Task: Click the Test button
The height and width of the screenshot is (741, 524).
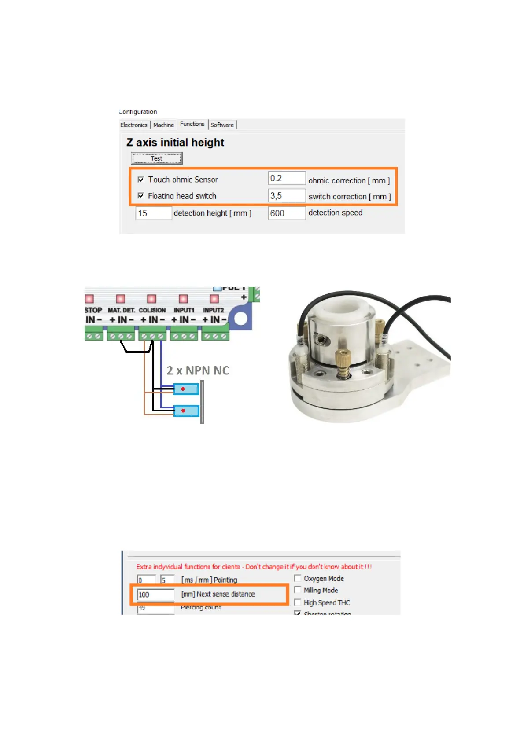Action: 156,158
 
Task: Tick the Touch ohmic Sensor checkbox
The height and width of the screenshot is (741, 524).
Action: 141,180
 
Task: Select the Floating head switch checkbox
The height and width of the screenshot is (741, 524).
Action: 141,196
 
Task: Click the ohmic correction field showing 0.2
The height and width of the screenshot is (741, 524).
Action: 286,178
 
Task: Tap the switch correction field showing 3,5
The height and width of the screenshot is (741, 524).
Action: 286,196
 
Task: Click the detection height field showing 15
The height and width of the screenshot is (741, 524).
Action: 153,213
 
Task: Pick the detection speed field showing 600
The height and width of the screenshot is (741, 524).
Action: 286,213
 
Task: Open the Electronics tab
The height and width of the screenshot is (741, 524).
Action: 134,125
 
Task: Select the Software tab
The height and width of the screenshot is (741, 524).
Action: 222,125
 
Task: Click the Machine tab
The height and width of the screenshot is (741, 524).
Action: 163,125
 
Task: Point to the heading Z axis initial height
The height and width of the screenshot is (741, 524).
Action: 175,143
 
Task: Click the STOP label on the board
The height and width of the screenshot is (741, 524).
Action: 93,310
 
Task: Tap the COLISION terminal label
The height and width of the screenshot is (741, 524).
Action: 152,310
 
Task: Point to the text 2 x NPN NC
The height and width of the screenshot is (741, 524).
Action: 198,370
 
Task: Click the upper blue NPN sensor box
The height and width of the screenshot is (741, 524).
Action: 186,389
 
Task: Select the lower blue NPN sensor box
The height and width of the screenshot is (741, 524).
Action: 186,411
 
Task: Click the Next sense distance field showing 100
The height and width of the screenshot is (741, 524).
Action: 155,595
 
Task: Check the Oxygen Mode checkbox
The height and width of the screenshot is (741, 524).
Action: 298,578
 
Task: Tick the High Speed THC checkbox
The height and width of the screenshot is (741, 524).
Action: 298,602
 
